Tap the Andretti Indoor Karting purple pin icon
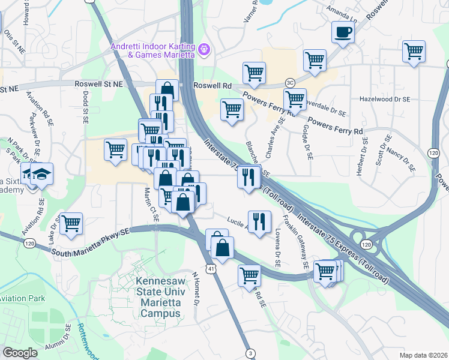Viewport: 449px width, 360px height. [203, 48]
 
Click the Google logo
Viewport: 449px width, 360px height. [20, 353]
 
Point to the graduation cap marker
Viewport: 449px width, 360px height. [41, 174]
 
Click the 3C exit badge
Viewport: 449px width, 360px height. [290, 82]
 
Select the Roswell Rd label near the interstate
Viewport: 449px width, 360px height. [212, 86]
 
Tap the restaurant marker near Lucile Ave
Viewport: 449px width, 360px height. [259, 221]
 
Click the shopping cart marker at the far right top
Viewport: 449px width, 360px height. [414, 51]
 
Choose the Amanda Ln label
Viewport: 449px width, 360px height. [341, 11]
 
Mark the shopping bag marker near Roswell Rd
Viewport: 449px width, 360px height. [167, 91]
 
